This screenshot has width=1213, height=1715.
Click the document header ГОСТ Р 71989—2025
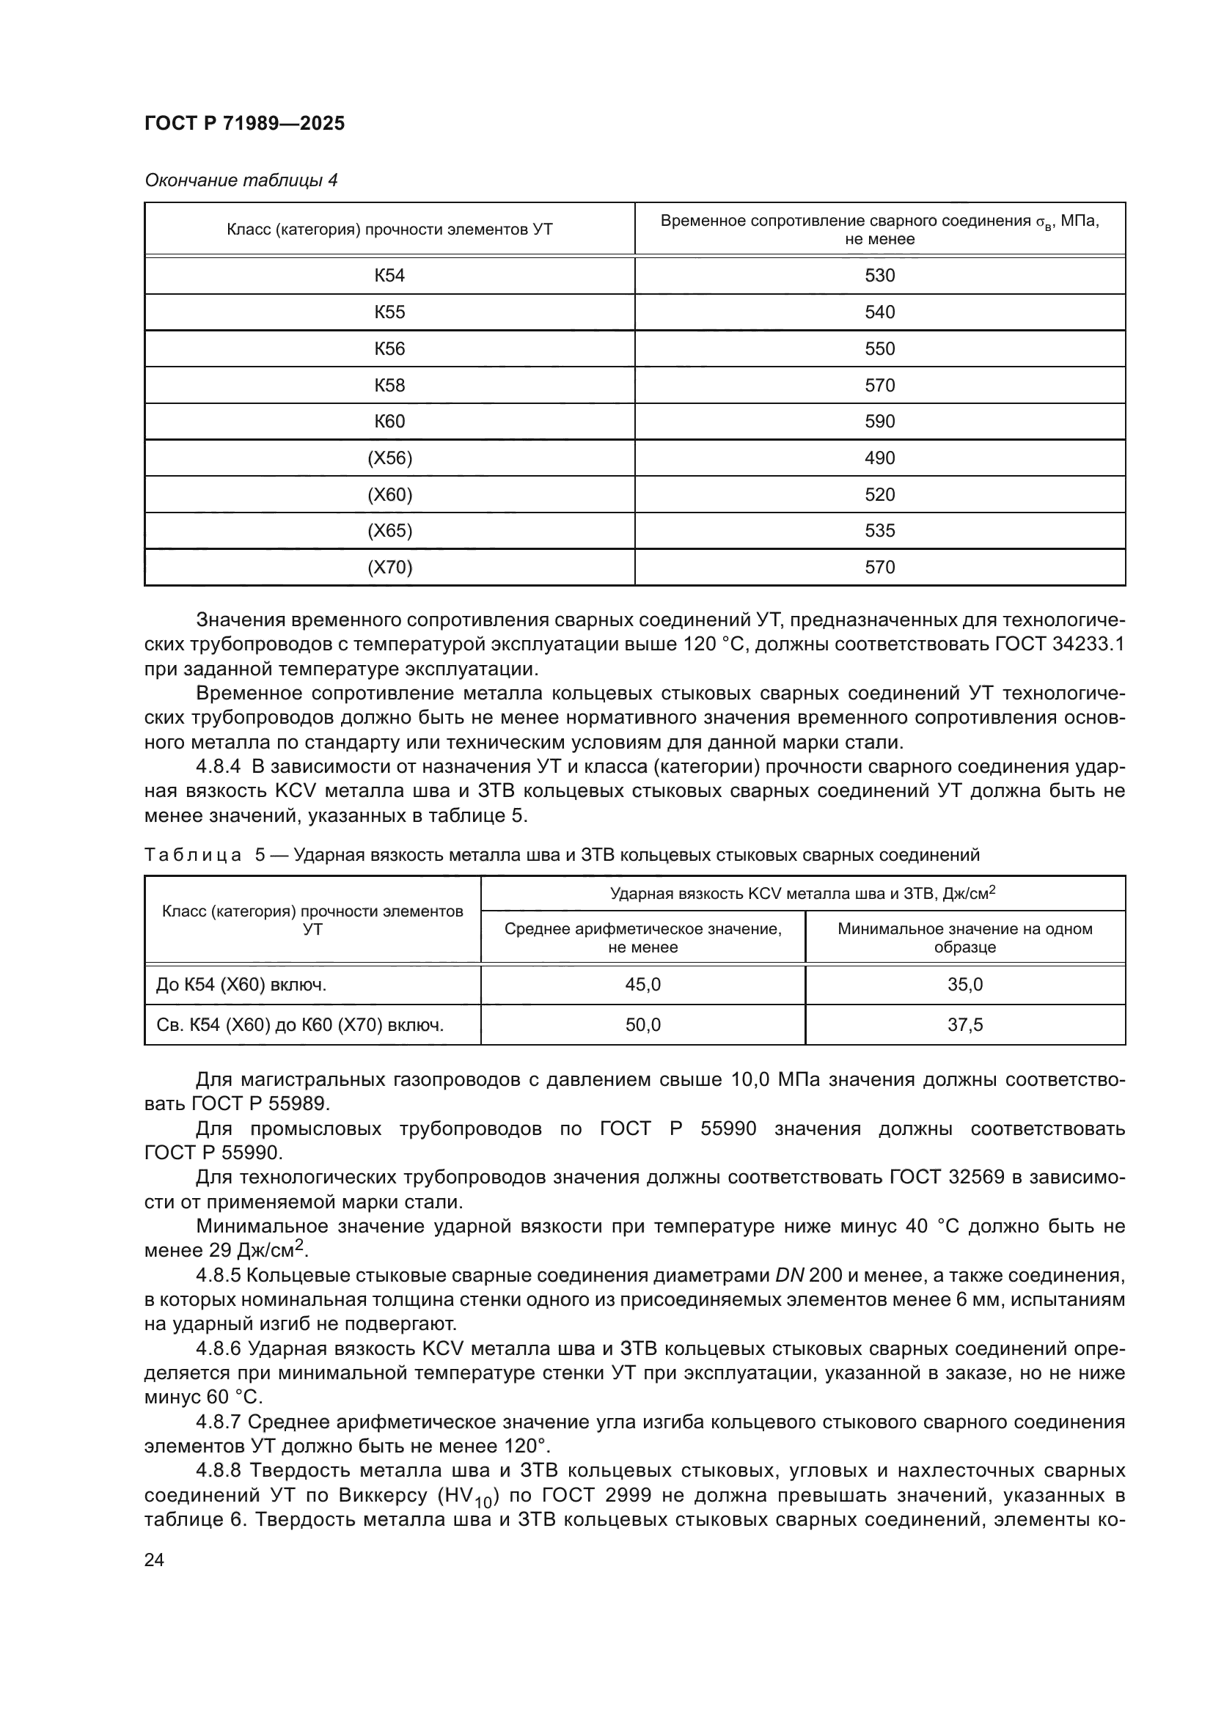[244, 123]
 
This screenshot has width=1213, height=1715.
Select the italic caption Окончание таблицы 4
[241, 180]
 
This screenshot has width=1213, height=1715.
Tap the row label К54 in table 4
[389, 276]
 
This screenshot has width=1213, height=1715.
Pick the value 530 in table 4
[879, 276]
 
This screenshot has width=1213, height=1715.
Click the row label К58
[389, 386]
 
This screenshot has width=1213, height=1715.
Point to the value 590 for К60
[879, 422]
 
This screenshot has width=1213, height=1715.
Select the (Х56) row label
[389, 458]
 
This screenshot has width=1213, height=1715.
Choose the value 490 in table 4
[879, 458]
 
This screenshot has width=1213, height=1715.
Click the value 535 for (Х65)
[879, 530]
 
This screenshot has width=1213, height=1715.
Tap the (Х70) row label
[389, 567]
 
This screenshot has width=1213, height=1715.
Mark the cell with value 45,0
[642, 985]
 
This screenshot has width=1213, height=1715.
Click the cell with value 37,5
[964, 1024]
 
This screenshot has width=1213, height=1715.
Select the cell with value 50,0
[642, 1024]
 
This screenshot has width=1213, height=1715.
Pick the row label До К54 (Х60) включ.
[241, 985]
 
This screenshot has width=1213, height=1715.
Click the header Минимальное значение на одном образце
[964, 939]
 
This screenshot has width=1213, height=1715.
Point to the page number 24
[154, 1560]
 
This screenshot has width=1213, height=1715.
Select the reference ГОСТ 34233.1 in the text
[1059, 644]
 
